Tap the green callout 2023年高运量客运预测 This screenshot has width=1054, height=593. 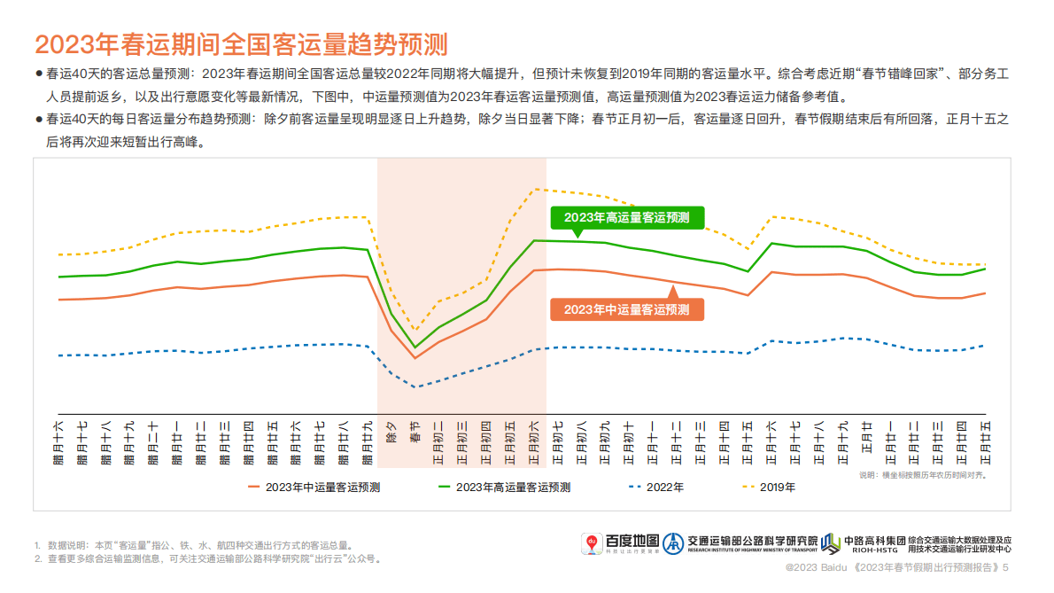626,217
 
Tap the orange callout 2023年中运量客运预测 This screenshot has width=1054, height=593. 626,308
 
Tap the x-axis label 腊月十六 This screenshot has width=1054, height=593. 58,441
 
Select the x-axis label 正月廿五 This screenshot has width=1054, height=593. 984,441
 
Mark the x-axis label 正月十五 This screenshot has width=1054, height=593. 748,441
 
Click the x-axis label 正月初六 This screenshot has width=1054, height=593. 534,441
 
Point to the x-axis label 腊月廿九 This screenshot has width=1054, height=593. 367,441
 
